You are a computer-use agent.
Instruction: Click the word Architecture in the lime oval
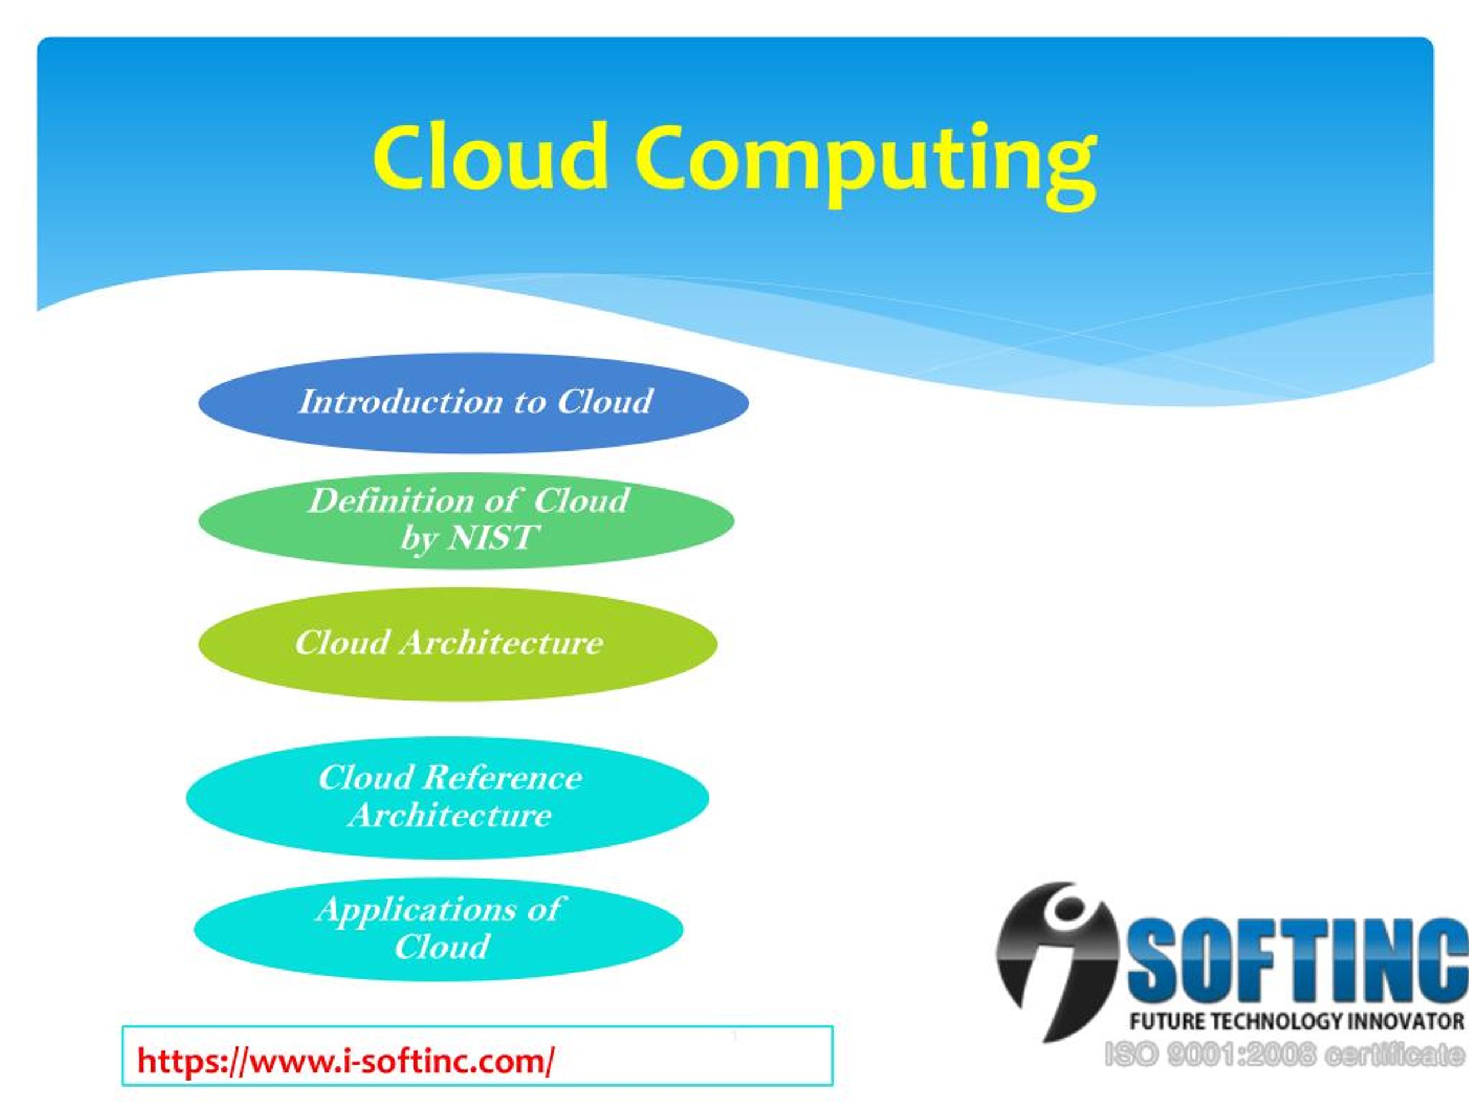pos(501,643)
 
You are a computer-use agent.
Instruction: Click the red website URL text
pos(345,1061)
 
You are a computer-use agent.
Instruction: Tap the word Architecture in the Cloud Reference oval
pos(450,816)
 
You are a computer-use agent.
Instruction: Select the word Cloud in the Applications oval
pos(442,946)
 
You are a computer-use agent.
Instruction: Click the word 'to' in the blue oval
pos(528,402)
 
